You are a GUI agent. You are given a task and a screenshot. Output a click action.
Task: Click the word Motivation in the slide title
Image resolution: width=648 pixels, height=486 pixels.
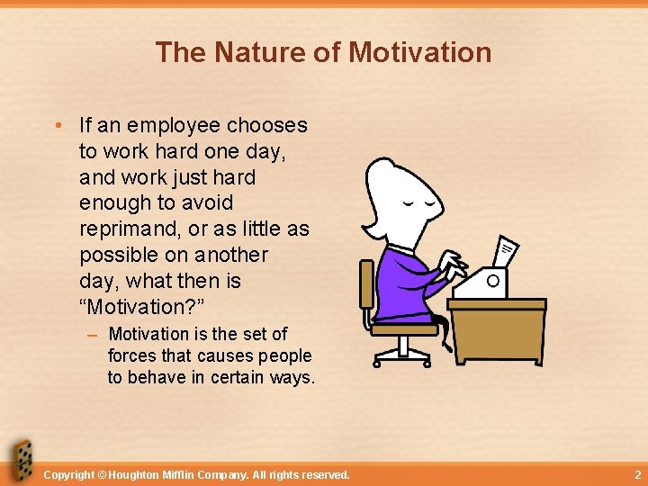click(419, 52)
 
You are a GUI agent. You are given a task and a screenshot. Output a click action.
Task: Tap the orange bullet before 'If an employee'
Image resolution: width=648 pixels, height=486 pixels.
click(58, 126)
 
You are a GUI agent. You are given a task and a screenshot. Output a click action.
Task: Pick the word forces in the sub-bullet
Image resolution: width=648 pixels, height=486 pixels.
click(133, 356)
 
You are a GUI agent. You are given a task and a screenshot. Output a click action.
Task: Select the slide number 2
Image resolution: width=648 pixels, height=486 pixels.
click(637, 474)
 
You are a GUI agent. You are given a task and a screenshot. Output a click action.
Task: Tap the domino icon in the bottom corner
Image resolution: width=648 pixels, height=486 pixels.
click(20, 461)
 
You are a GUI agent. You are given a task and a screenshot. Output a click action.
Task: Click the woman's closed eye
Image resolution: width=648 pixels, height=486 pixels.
click(413, 204)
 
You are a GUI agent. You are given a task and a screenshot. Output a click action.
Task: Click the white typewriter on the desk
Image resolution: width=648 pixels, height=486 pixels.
click(481, 283)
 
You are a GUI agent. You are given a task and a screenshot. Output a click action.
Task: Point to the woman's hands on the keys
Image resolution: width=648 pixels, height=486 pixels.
click(453, 265)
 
